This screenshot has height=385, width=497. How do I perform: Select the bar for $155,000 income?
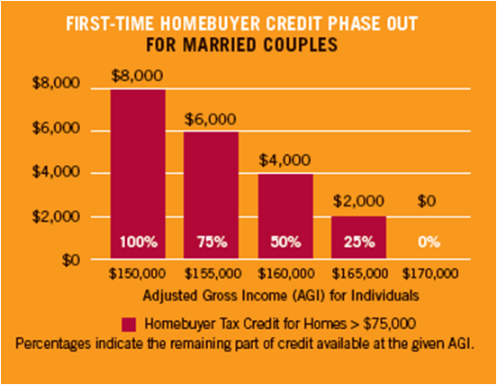pyautogui.click(x=212, y=195)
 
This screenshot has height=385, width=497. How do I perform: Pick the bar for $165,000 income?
pyautogui.click(x=358, y=237)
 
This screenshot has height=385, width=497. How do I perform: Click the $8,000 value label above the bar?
pyautogui.click(x=138, y=76)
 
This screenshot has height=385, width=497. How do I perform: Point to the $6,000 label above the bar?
pyautogui.click(x=211, y=118)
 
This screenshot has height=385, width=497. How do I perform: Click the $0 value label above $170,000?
pyautogui.click(x=429, y=204)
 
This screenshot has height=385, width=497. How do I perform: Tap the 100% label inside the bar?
pyautogui.click(x=138, y=243)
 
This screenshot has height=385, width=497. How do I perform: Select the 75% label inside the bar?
pyautogui.click(x=212, y=243)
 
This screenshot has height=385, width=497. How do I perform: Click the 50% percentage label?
pyautogui.click(x=285, y=243)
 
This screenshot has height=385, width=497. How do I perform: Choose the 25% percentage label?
pyautogui.click(x=358, y=243)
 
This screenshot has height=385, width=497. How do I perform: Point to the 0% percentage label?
pyautogui.click(x=431, y=243)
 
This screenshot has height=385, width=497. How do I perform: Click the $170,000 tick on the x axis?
pyautogui.click(x=431, y=273)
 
